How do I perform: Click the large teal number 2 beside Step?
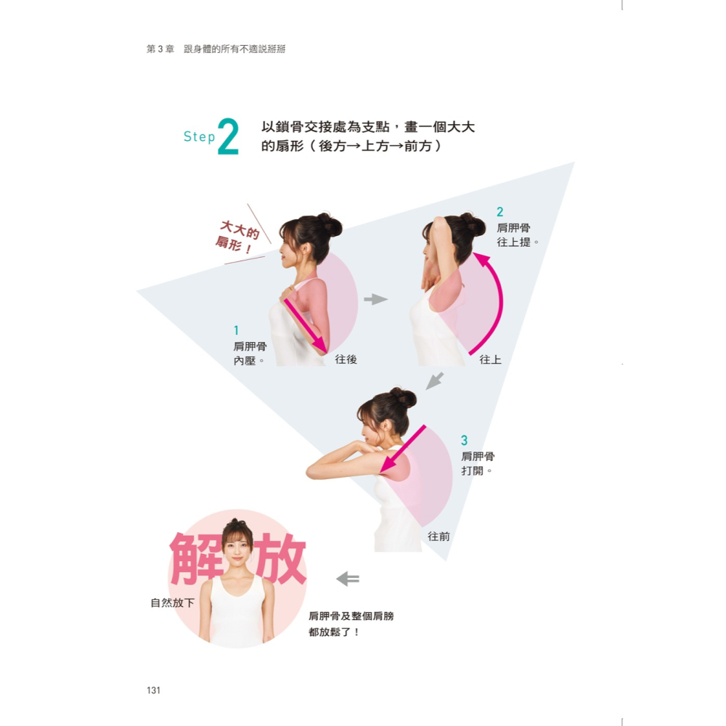[x=227, y=137]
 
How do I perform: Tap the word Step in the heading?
[x=199, y=136]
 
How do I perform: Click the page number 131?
[x=153, y=690]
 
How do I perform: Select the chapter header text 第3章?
[x=160, y=49]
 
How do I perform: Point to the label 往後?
[x=346, y=359]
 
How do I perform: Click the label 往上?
[x=490, y=359]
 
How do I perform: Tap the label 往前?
[x=439, y=537]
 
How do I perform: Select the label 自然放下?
[x=172, y=603]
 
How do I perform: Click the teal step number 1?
[x=237, y=330]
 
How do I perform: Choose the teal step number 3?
[x=465, y=441]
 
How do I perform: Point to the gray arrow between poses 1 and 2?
[x=375, y=299]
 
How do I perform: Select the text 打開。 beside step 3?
[x=477, y=471]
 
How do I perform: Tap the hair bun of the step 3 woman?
[x=404, y=398]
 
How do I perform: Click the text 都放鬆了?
[x=334, y=632]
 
